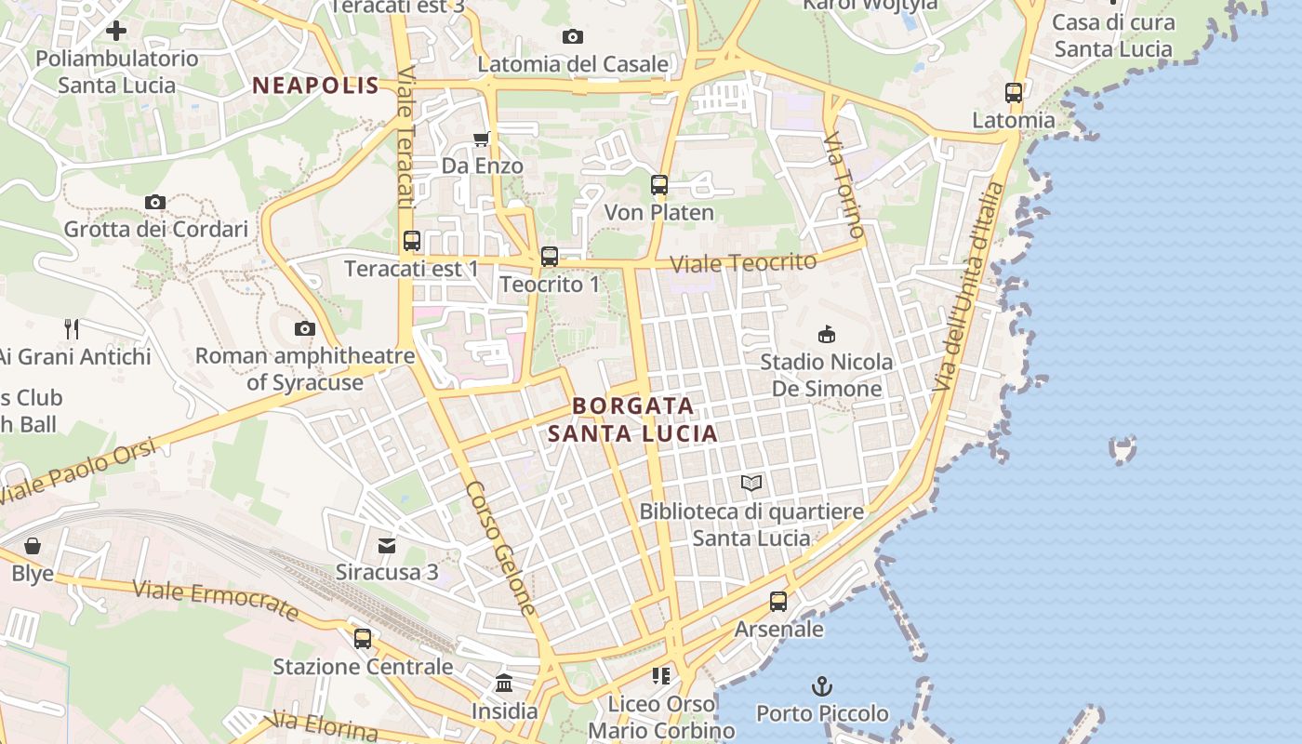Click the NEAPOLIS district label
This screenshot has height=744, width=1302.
(x=315, y=86)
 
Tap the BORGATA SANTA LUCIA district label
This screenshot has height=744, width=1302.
(x=632, y=419)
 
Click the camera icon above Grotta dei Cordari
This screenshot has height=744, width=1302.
(x=155, y=202)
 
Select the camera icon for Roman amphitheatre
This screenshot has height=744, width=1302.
(x=304, y=328)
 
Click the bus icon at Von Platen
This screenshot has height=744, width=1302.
(x=659, y=184)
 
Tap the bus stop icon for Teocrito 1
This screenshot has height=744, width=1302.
(x=550, y=257)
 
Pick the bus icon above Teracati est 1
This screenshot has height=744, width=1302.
(x=412, y=241)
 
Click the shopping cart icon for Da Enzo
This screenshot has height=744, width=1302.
(x=481, y=139)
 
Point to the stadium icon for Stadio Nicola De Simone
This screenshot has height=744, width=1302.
(x=826, y=333)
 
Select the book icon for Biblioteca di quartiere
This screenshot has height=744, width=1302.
(x=751, y=483)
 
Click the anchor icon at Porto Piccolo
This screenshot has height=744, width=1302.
(x=821, y=686)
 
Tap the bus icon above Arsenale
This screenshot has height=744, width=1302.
(x=778, y=602)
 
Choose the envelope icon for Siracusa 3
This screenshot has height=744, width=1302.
(x=387, y=544)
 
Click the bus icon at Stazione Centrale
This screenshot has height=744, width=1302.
(x=363, y=639)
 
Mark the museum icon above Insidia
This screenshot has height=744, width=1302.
(x=504, y=684)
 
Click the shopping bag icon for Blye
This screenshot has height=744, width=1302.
(x=33, y=545)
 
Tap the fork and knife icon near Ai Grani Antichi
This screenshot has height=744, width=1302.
(x=72, y=328)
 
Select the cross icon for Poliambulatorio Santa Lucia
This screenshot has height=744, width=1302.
(x=116, y=31)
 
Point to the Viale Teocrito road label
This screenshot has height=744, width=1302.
(x=743, y=263)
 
